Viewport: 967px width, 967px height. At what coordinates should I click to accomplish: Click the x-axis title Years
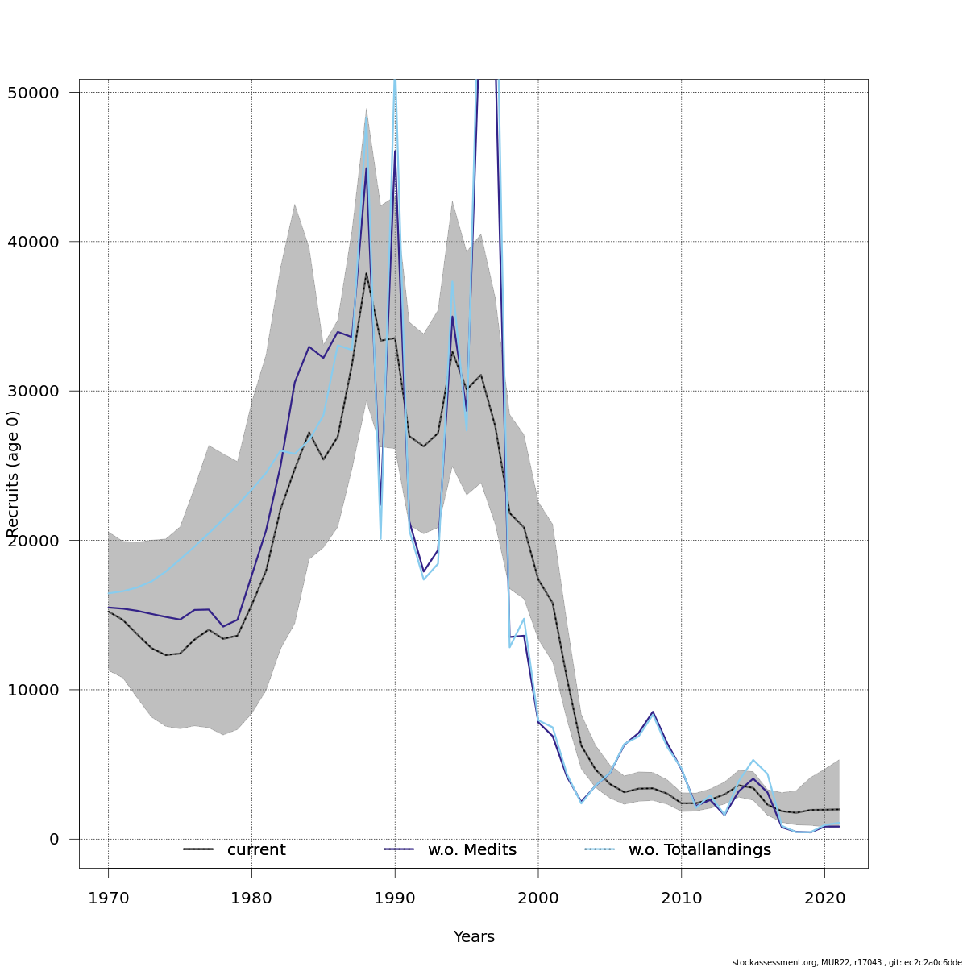coord(474,937)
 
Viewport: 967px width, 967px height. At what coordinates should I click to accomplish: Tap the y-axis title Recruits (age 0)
coord(13,474)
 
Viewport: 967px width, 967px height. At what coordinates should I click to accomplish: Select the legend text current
coord(256,850)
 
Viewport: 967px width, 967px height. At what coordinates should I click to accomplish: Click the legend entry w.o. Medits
coord(472,850)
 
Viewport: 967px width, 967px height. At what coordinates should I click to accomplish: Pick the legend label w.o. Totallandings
coord(699,850)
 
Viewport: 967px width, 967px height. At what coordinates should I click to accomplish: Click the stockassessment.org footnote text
coord(847,962)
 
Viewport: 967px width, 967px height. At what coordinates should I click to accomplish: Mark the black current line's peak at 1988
coord(366,273)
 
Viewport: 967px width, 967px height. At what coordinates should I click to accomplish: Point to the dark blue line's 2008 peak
coord(653,712)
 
